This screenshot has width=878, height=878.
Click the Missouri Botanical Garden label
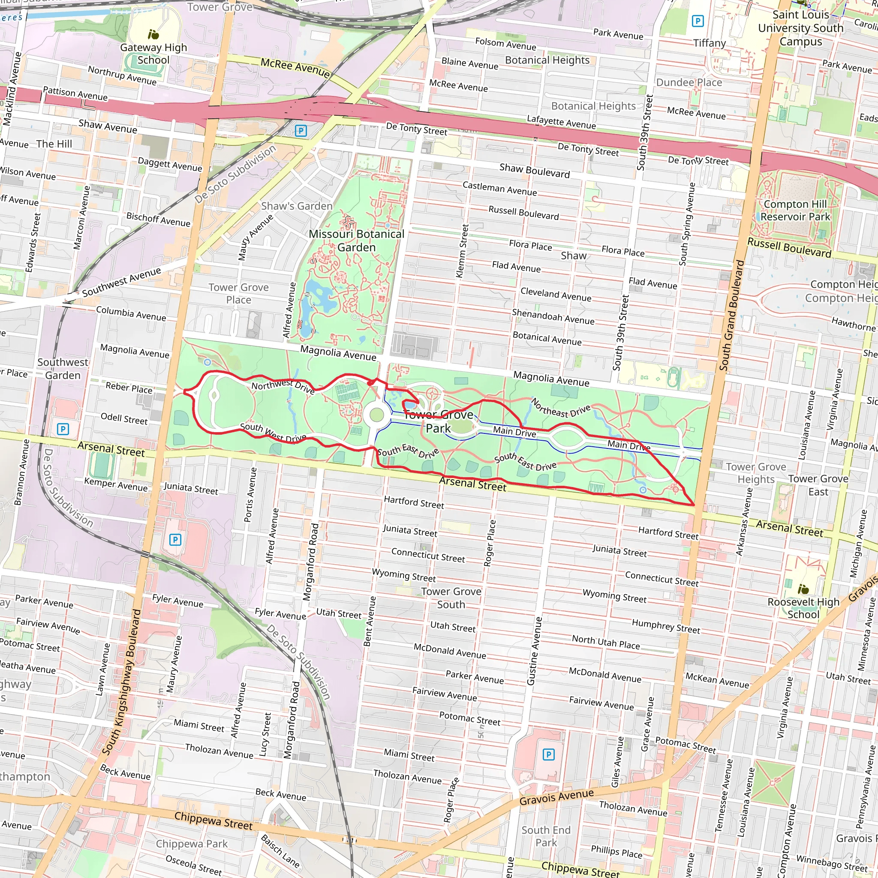[356, 241]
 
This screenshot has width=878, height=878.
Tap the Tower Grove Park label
[439, 421]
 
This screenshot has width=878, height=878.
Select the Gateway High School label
[153, 54]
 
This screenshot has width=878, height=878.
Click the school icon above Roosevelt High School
[803, 589]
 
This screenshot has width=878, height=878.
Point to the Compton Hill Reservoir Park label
[795, 210]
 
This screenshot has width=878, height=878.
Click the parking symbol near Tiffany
[698, 21]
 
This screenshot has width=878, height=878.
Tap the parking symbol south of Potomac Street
[548, 755]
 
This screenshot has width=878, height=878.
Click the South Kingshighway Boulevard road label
[121, 682]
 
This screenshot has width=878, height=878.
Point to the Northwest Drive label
[283, 386]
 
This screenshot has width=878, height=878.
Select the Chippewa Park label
[191, 844]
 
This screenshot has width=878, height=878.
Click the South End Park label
[546, 836]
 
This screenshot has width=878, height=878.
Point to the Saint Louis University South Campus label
[800, 28]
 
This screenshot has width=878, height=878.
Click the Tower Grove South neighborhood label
[451, 598]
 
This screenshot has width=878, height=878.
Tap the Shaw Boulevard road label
[535, 171]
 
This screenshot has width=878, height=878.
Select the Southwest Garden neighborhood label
[63, 369]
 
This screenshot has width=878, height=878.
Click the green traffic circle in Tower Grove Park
[377, 415]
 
